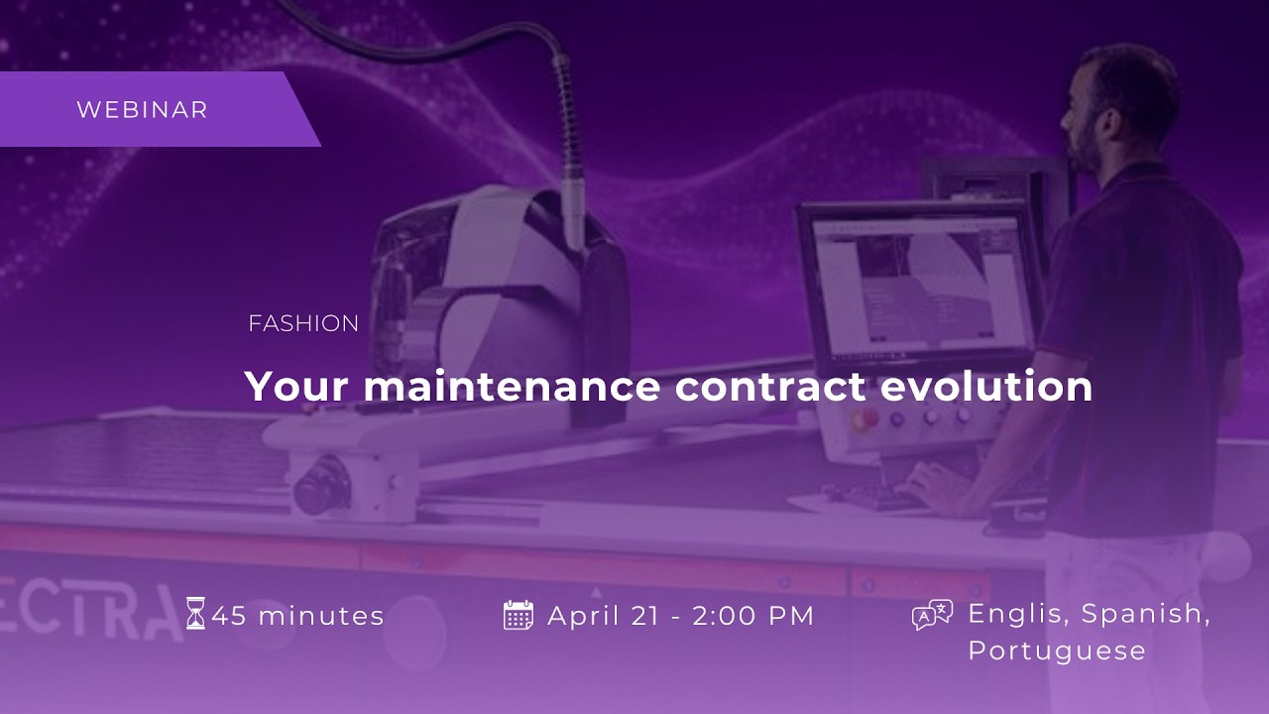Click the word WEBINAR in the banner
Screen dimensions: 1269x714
coord(142,110)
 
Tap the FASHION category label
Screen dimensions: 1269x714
coord(303,323)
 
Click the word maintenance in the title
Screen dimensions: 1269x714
coord(512,387)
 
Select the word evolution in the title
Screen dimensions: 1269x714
coord(986,387)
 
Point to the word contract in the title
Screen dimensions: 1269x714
coord(770,387)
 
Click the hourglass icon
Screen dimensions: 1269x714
coord(195,613)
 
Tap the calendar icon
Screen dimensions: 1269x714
coord(518,615)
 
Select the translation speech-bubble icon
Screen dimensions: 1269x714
coord(932,615)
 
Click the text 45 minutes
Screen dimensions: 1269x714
coord(298,616)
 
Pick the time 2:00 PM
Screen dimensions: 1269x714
coord(753,616)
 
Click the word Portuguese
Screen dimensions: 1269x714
coord(1057,652)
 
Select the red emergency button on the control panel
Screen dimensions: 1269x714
coord(865,418)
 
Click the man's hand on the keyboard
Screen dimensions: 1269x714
coord(935,486)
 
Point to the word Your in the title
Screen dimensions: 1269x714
coord(296,387)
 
